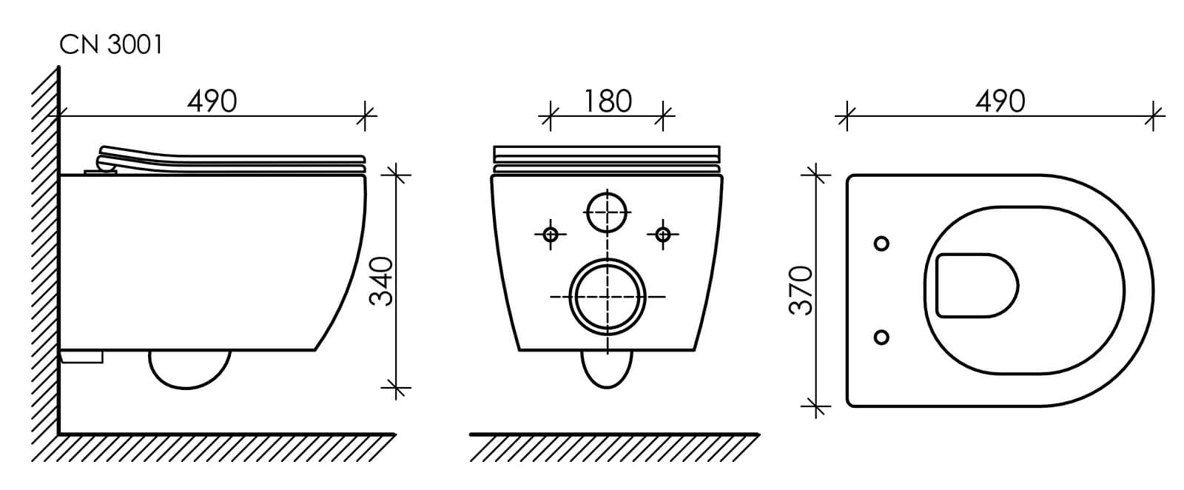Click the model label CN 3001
(x=111, y=45)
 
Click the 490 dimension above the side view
(x=212, y=101)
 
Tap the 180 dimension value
(x=608, y=101)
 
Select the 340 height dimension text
(x=381, y=281)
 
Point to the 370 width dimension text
(x=801, y=290)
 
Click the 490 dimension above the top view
(x=1000, y=101)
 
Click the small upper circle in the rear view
(x=608, y=212)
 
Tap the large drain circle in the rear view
(x=608, y=297)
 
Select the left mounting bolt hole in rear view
(x=551, y=234)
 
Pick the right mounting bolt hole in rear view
(x=663, y=234)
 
